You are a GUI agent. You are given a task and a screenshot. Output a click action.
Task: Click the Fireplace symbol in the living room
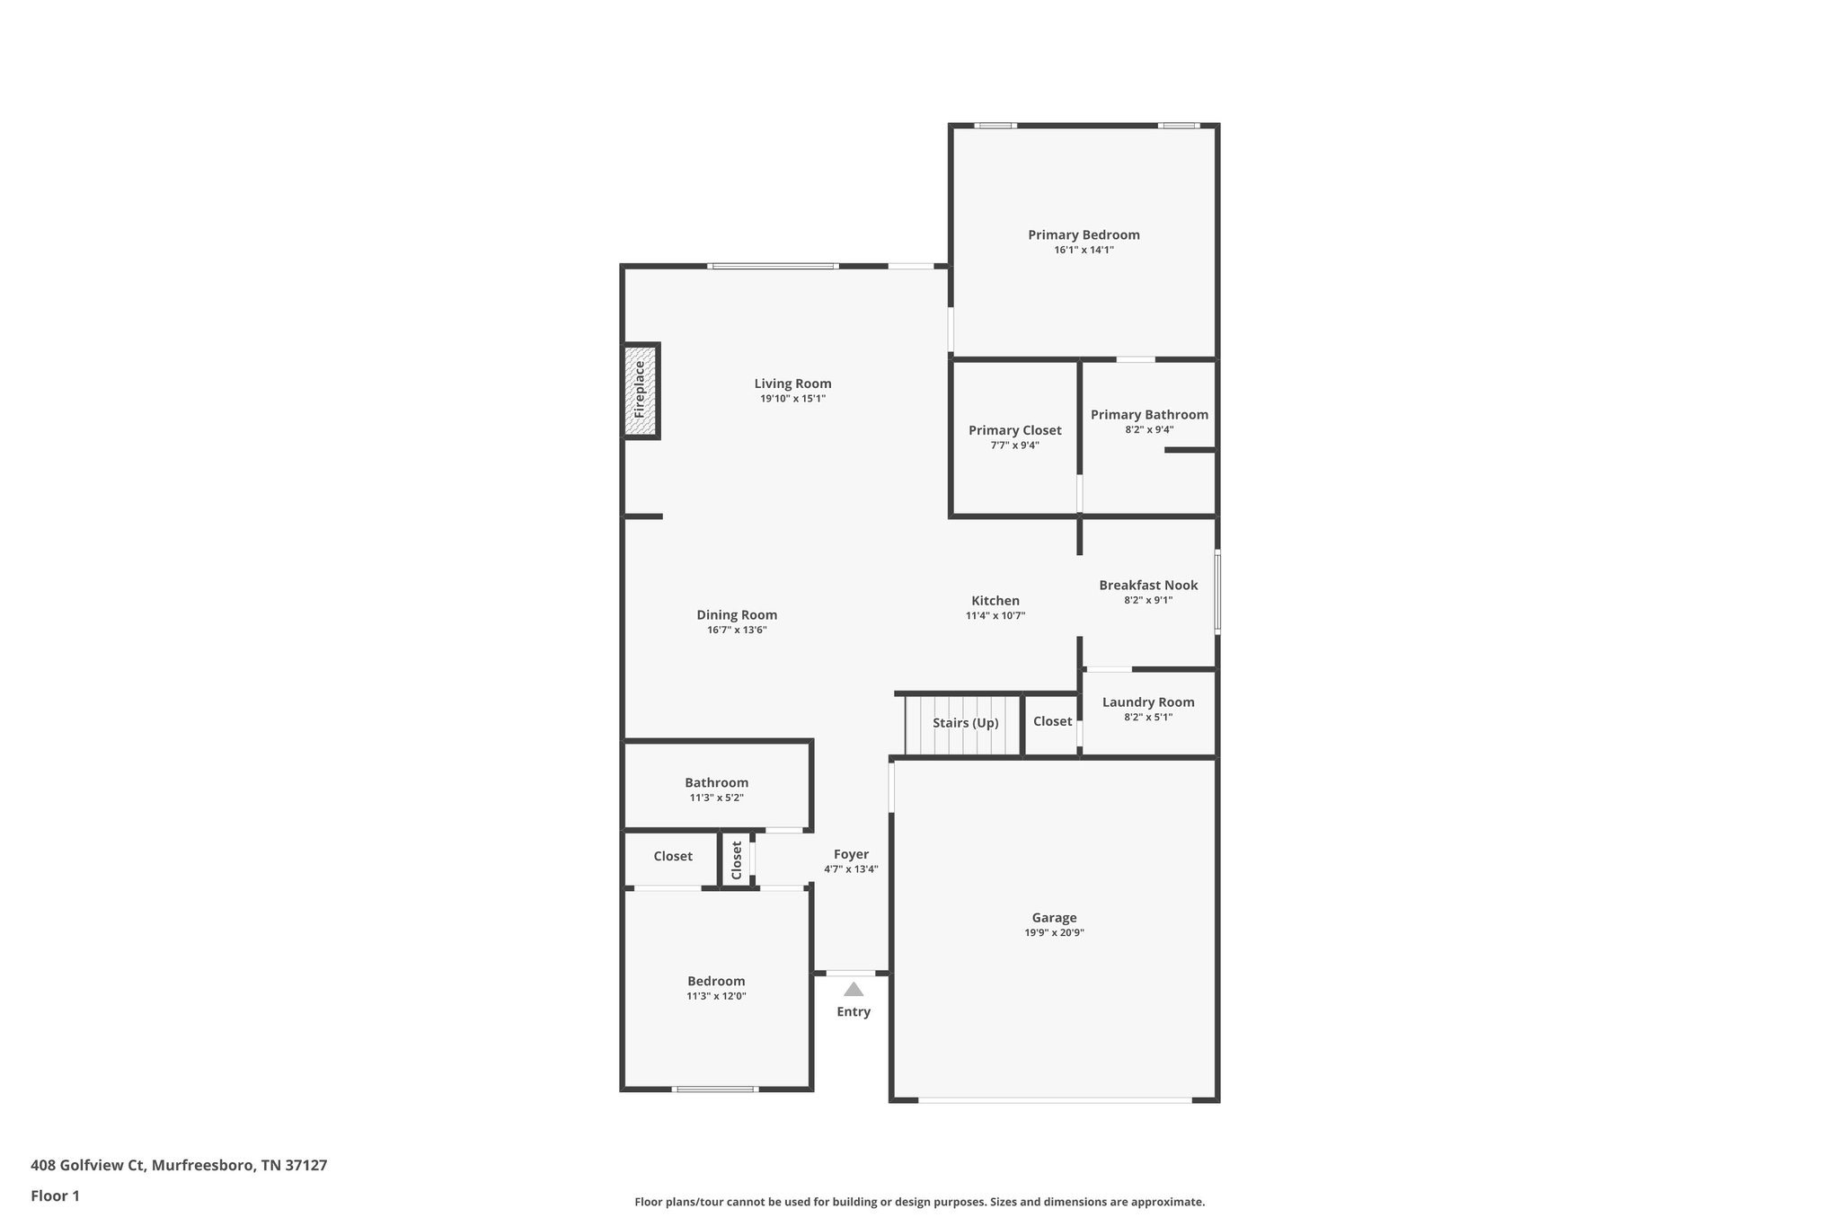click(641, 391)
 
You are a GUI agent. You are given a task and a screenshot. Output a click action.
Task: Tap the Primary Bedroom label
click(1084, 234)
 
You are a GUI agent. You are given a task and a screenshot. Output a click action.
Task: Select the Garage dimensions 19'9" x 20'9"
click(1054, 932)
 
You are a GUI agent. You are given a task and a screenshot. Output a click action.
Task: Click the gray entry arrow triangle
click(854, 990)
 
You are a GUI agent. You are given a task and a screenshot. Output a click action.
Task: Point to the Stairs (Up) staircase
click(964, 724)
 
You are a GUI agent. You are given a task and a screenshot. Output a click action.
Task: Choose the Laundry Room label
click(1148, 702)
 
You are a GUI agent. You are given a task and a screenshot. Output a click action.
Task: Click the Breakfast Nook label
click(1148, 585)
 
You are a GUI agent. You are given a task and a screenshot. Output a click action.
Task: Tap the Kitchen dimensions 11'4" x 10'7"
click(995, 616)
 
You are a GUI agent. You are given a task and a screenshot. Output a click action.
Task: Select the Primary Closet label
click(1014, 430)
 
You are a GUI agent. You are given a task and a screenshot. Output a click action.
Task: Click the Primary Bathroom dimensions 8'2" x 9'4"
click(1149, 429)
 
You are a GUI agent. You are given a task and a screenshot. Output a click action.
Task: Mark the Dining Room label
click(737, 615)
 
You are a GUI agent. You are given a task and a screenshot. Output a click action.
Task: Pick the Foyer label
click(851, 854)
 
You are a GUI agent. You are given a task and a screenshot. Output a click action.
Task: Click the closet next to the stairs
click(1052, 721)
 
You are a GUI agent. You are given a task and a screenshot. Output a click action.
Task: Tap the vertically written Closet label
click(737, 860)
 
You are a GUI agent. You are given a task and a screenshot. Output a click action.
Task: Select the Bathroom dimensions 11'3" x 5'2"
click(716, 798)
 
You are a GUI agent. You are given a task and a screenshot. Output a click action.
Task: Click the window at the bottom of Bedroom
click(715, 1089)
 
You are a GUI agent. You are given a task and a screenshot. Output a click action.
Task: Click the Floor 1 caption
click(55, 1195)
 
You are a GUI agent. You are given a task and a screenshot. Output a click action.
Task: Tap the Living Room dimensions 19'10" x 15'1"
click(792, 399)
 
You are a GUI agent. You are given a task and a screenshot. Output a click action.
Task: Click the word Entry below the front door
click(854, 1011)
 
